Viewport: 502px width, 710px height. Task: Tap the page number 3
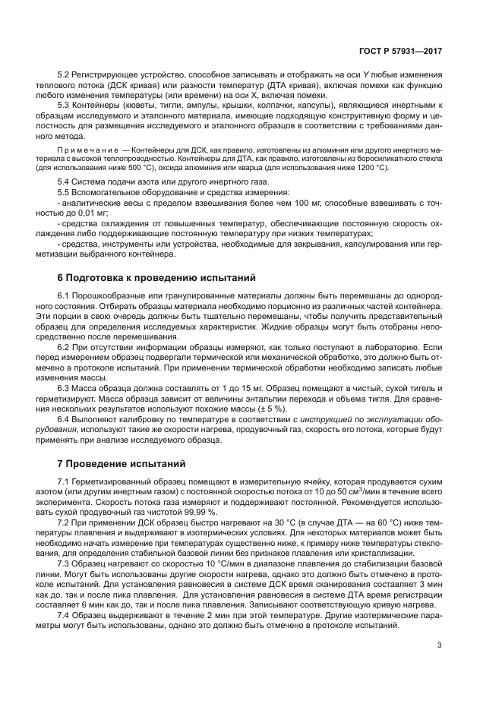tap(440, 648)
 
